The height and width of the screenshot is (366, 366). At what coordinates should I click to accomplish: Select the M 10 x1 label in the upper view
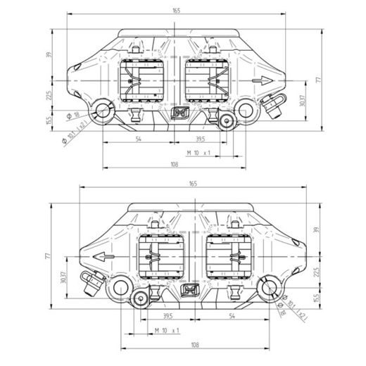[x=199, y=152]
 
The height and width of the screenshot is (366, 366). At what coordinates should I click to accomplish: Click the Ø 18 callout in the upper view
[x=72, y=115]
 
